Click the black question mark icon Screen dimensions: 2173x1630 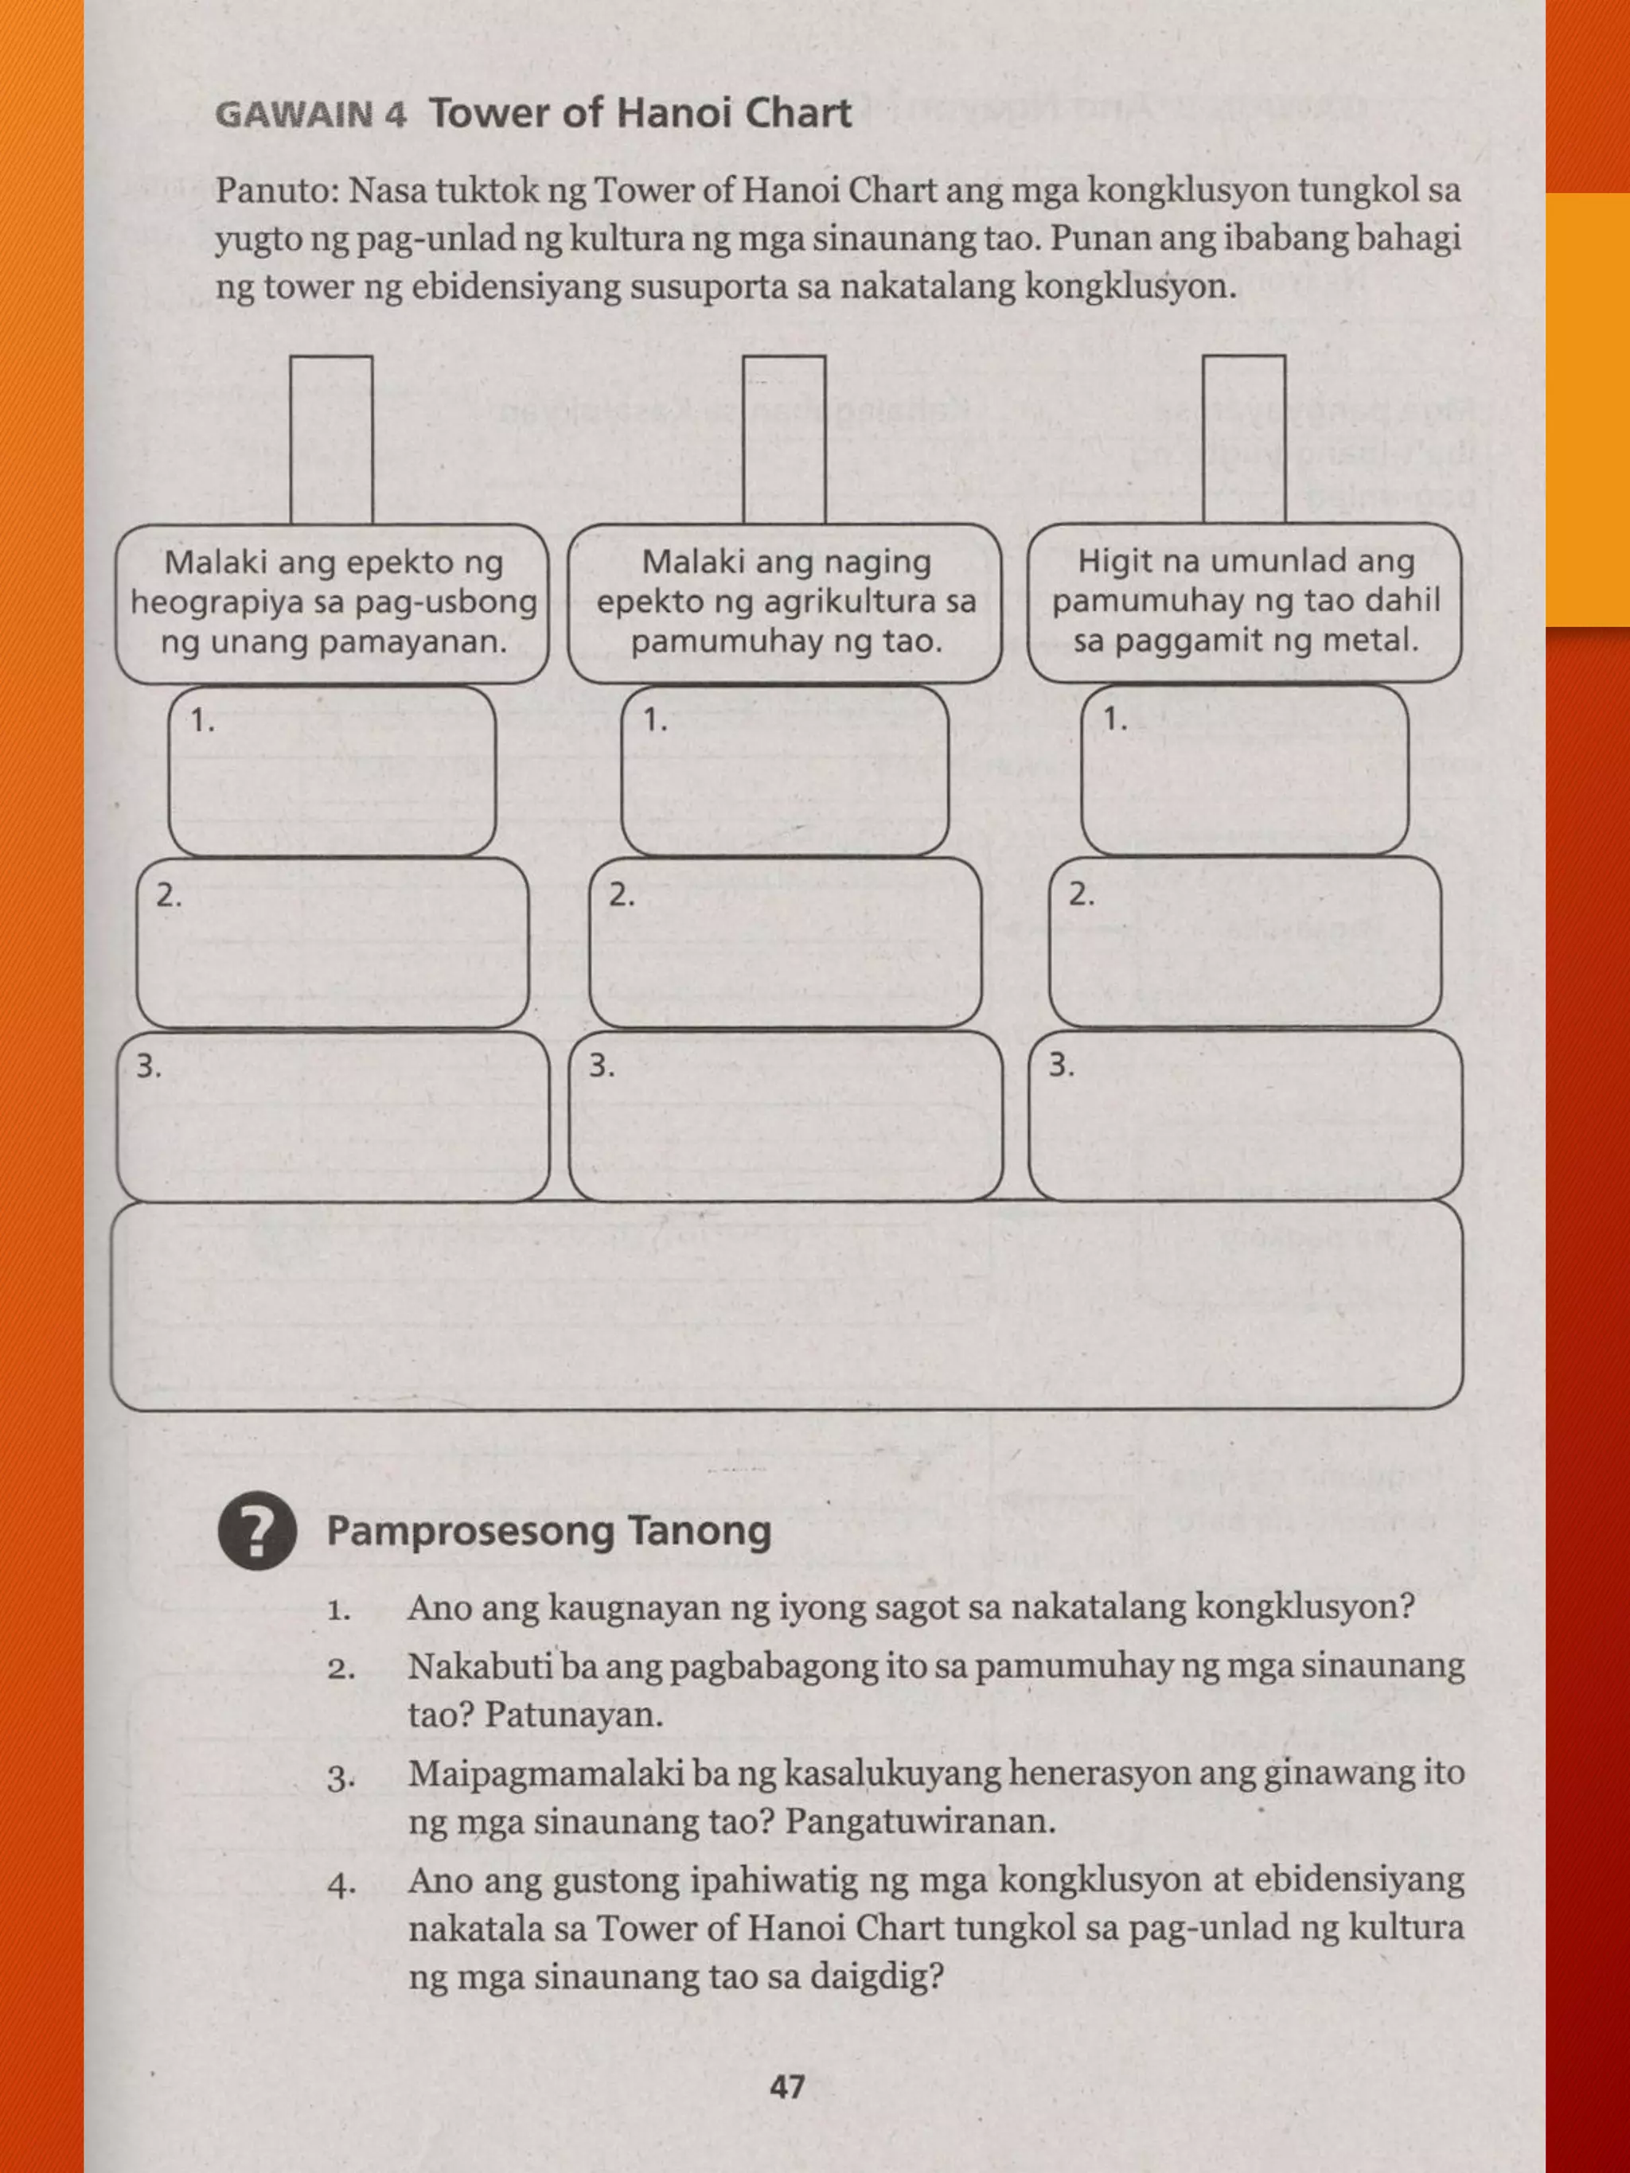[x=257, y=1532]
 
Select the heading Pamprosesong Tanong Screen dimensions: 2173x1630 [x=548, y=1531]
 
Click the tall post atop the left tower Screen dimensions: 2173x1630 [x=331, y=439]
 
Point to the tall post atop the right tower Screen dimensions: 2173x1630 [x=1244, y=439]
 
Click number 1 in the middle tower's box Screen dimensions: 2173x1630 [x=654, y=720]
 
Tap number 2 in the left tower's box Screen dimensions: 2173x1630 [x=169, y=895]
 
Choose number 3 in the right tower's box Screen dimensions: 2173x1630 [x=1061, y=1065]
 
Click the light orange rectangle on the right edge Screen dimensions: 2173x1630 [x=1588, y=410]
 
